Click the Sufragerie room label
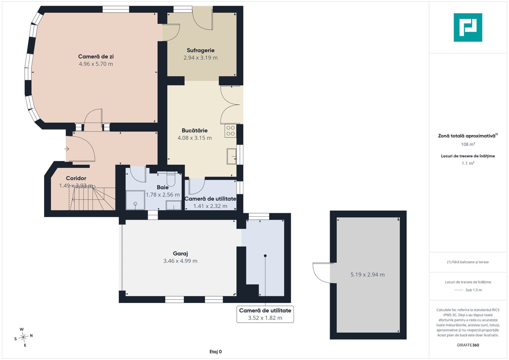pyautogui.click(x=200, y=50)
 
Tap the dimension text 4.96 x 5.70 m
pyautogui.click(x=96, y=64)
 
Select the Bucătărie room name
pyautogui.click(x=195, y=130)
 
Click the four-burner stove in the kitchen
pyautogui.click(x=230, y=131)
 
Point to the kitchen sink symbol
pyautogui.click(x=232, y=156)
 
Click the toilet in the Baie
pyautogui.click(x=171, y=179)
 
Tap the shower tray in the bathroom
pyautogui.click(x=135, y=200)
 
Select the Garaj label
pyautogui.click(x=180, y=253)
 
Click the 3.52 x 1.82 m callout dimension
pyautogui.click(x=265, y=318)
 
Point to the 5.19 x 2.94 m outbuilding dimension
pyautogui.click(x=367, y=275)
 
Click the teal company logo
pyautogui.click(x=468, y=27)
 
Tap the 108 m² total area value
pyautogui.click(x=468, y=144)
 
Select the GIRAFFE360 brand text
pyautogui.click(x=468, y=345)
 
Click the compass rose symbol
pyautogui.click(x=23, y=337)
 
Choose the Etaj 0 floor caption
pyautogui.click(x=215, y=352)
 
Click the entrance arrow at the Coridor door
pyautogui.click(x=66, y=149)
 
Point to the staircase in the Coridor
pyautogui.click(x=92, y=199)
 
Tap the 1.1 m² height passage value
pyautogui.click(x=468, y=163)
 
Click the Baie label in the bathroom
pyautogui.click(x=163, y=187)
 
